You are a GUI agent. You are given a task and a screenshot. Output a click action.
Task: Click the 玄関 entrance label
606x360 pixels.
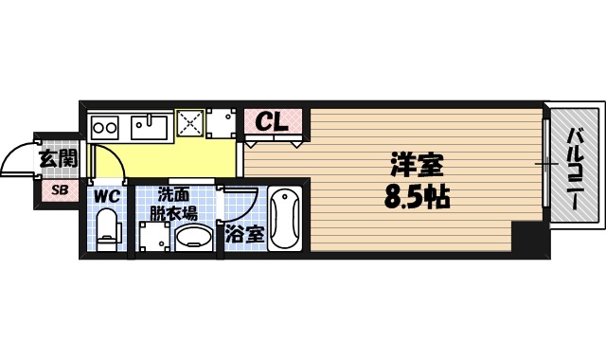(x=57, y=158)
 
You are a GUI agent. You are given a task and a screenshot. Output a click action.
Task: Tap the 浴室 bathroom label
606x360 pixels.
(x=243, y=233)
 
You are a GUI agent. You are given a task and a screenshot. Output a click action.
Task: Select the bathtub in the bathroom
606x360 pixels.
(x=284, y=219)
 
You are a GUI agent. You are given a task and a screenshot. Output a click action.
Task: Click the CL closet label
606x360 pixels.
(x=273, y=122)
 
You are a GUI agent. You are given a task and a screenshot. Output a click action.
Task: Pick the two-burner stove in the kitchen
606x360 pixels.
(x=104, y=126)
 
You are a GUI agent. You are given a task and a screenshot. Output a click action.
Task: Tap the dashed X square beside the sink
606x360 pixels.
(x=189, y=123)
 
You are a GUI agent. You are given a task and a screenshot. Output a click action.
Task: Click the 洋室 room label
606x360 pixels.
(x=417, y=164)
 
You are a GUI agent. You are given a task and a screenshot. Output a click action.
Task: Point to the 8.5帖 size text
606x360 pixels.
(x=417, y=198)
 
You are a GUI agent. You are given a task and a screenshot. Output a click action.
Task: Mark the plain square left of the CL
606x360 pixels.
(x=223, y=123)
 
